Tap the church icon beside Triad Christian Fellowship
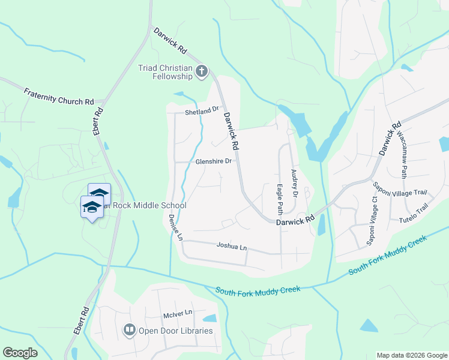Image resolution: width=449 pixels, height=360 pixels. point(202,72)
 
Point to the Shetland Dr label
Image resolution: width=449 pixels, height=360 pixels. point(200,111)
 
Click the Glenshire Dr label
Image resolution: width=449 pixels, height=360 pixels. point(213,161)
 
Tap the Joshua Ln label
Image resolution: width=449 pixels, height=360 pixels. point(231,247)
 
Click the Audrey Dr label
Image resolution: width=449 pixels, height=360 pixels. point(294,183)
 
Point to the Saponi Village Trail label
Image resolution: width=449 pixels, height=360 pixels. point(400,193)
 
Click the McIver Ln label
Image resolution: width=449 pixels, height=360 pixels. point(177,313)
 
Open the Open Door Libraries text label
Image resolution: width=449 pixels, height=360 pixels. point(175,331)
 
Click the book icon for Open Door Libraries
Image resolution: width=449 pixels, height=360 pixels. point(129,330)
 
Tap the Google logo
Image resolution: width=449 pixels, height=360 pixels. point(20,352)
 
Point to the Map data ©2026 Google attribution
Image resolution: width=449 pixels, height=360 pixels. point(411,355)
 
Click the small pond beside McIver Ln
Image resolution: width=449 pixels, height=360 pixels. point(209,318)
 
